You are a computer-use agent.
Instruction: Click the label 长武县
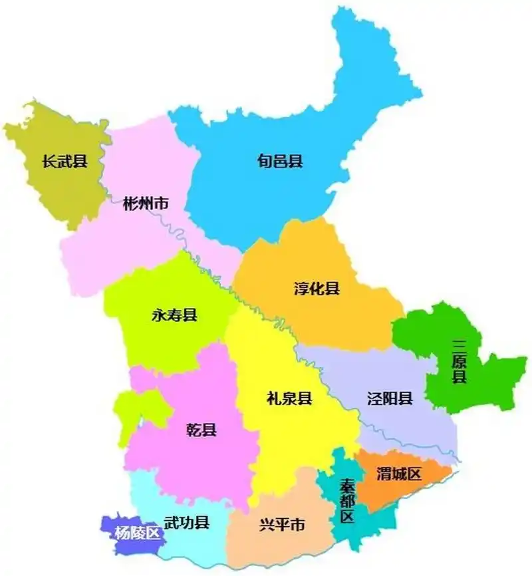64,161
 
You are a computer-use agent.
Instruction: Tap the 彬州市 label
145,204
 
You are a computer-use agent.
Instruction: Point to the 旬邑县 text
280,161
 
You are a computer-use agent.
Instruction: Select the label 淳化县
317,288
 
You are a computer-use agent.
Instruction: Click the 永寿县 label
174,315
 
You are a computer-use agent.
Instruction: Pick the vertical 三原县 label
459,362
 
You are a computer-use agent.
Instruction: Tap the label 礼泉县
289,399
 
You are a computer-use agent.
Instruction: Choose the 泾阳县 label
390,399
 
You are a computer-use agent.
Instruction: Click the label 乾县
201,430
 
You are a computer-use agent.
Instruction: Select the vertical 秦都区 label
346,500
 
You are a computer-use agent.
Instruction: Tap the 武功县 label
187,523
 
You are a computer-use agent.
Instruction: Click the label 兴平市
282,525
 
